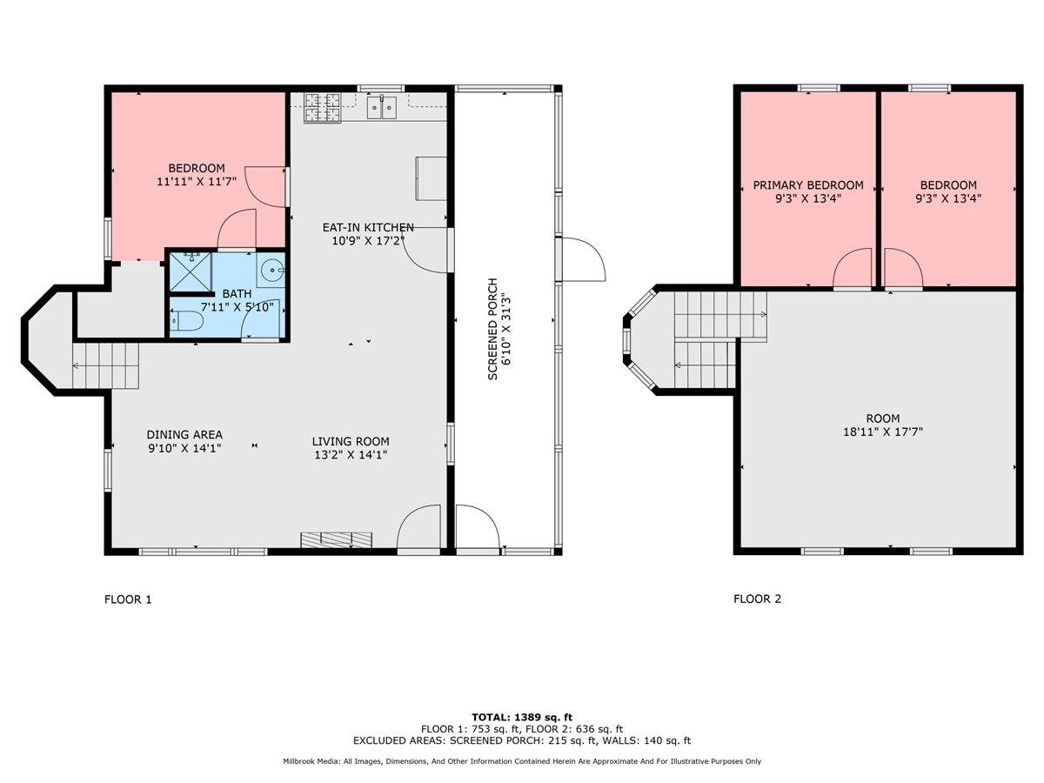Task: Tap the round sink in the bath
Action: tap(274, 270)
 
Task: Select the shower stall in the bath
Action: tap(189, 271)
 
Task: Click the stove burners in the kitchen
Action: tap(322, 107)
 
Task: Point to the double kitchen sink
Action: tap(381, 107)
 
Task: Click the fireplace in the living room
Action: tap(337, 539)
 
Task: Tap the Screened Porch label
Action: tap(492, 329)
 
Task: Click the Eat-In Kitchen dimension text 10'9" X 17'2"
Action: tap(368, 241)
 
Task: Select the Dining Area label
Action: tap(184, 435)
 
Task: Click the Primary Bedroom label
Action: tap(808, 185)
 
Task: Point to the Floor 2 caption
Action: tap(758, 599)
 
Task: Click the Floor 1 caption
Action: tap(128, 599)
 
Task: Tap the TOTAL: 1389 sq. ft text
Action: tap(522, 716)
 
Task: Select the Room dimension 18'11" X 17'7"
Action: tap(882, 432)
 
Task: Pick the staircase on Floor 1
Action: tap(106, 365)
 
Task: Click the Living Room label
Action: tap(351, 441)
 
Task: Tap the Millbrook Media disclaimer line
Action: tap(522, 761)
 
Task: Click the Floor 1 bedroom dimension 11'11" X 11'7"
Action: tap(196, 183)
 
